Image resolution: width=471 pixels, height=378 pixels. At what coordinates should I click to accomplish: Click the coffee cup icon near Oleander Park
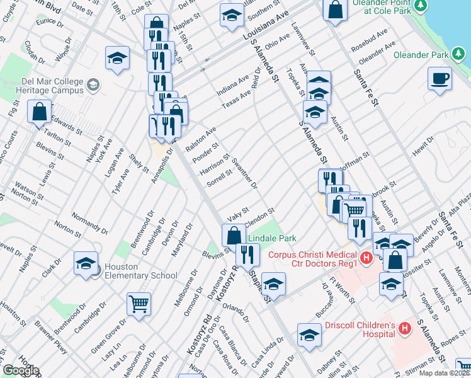tap(440, 80)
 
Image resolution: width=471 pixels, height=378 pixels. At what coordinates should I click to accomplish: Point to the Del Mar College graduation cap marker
tap(93, 84)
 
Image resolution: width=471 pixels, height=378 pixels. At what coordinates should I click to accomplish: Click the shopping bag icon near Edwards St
tap(39, 112)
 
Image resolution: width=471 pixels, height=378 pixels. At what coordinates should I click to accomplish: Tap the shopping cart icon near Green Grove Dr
tap(139, 304)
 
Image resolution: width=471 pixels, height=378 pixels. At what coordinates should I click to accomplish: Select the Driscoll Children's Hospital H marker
tap(404, 328)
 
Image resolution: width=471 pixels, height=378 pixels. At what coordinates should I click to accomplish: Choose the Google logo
tap(21, 371)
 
